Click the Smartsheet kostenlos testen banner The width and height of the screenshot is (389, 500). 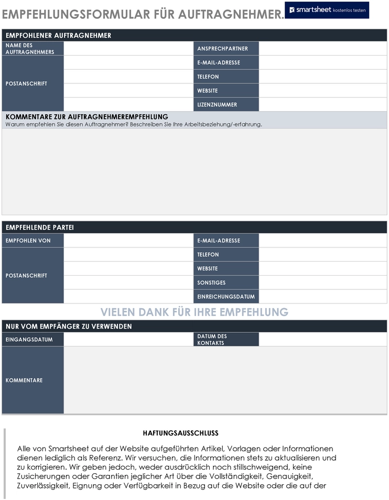click(x=327, y=10)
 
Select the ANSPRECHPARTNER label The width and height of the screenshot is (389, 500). click(x=222, y=49)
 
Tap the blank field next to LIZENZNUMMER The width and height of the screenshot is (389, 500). click(x=322, y=105)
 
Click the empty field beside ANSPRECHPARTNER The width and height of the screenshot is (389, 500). click(x=322, y=49)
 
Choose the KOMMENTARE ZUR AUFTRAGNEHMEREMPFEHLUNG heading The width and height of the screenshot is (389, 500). click(x=87, y=117)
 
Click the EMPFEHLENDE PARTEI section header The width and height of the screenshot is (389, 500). click(x=40, y=227)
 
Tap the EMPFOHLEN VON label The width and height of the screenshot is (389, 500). click(x=28, y=241)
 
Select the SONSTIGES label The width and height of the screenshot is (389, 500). click(x=211, y=283)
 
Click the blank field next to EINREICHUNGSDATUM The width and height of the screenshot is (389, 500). click(x=322, y=297)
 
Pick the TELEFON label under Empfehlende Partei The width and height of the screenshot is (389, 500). click(x=208, y=255)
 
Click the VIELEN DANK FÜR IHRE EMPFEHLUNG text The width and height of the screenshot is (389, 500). click(x=194, y=312)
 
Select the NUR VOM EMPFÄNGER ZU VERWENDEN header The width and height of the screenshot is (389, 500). click(x=69, y=327)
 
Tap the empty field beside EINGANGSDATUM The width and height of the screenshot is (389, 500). click(x=128, y=340)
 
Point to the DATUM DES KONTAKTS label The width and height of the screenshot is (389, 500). click(x=212, y=340)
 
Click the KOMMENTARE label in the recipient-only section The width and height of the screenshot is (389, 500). click(x=24, y=381)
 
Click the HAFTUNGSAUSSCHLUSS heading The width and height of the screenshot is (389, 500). click(x=180, y=433)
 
